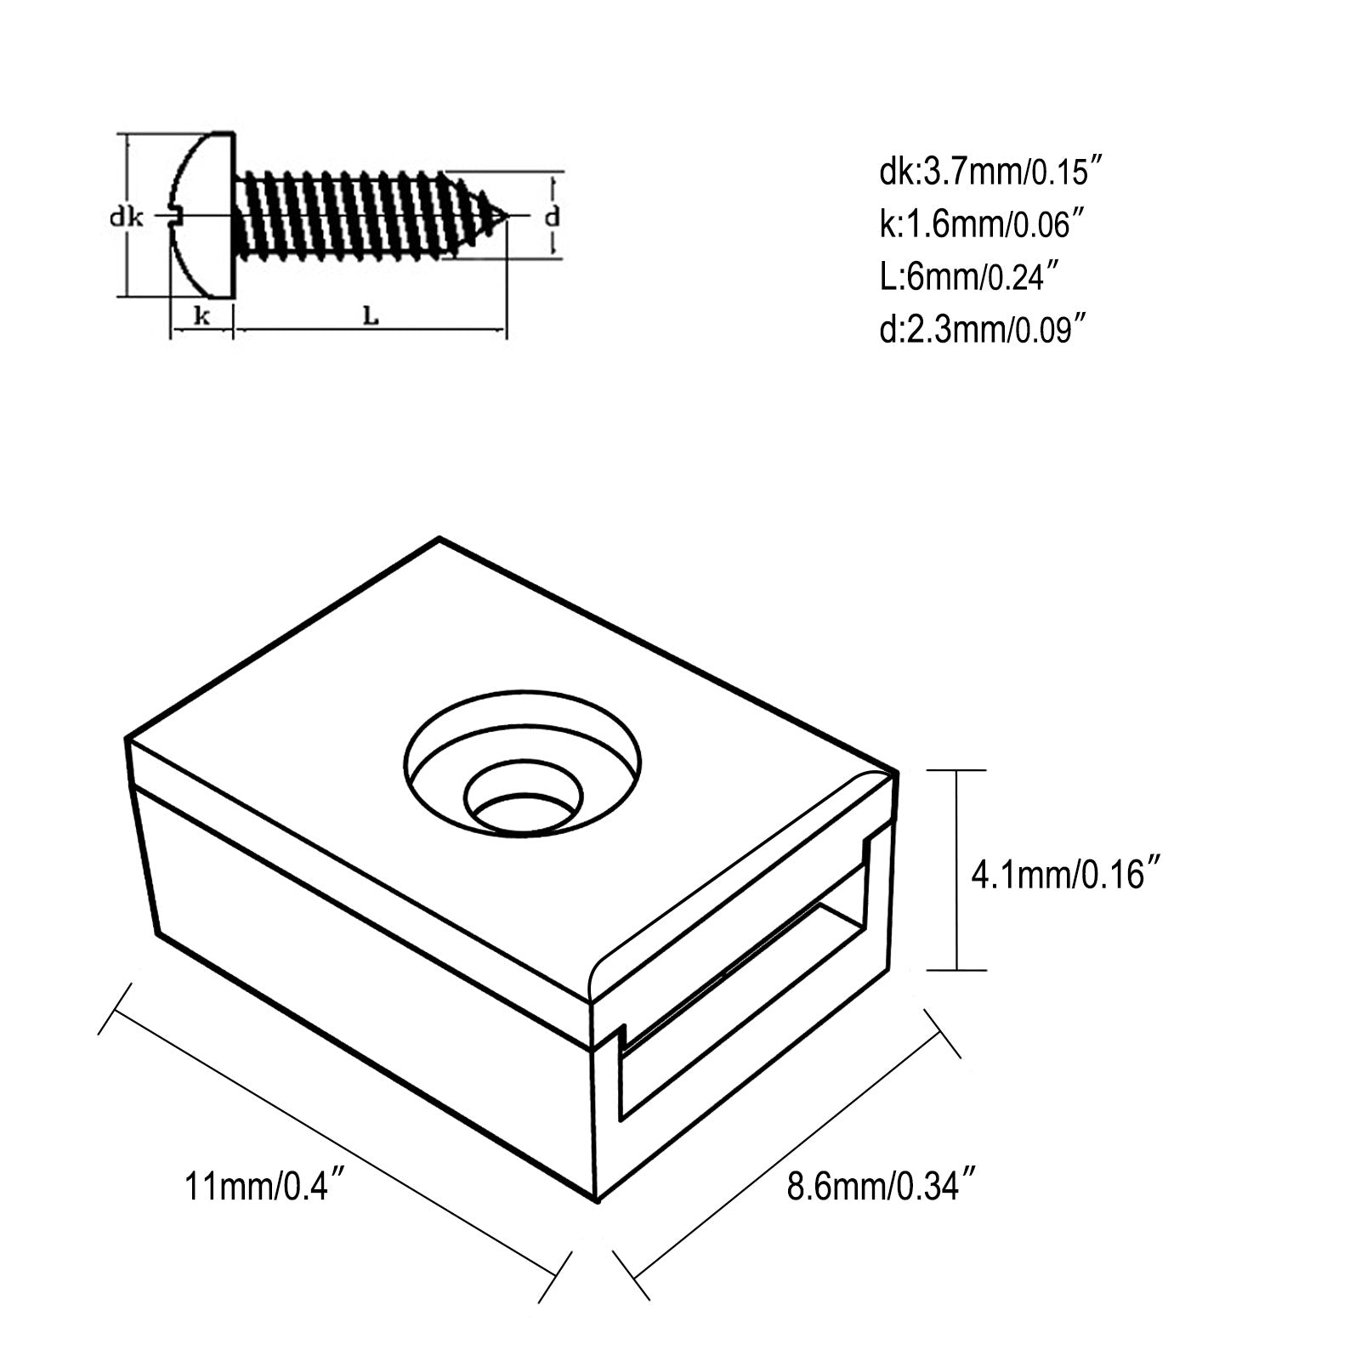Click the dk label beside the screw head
[125, 218]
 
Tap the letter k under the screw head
[201, 316]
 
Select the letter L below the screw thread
[371, 316]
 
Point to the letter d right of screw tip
[553, 217]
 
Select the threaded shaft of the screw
[349, 216]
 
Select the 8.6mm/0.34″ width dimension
[881, 1185]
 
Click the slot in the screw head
[176, 218]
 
